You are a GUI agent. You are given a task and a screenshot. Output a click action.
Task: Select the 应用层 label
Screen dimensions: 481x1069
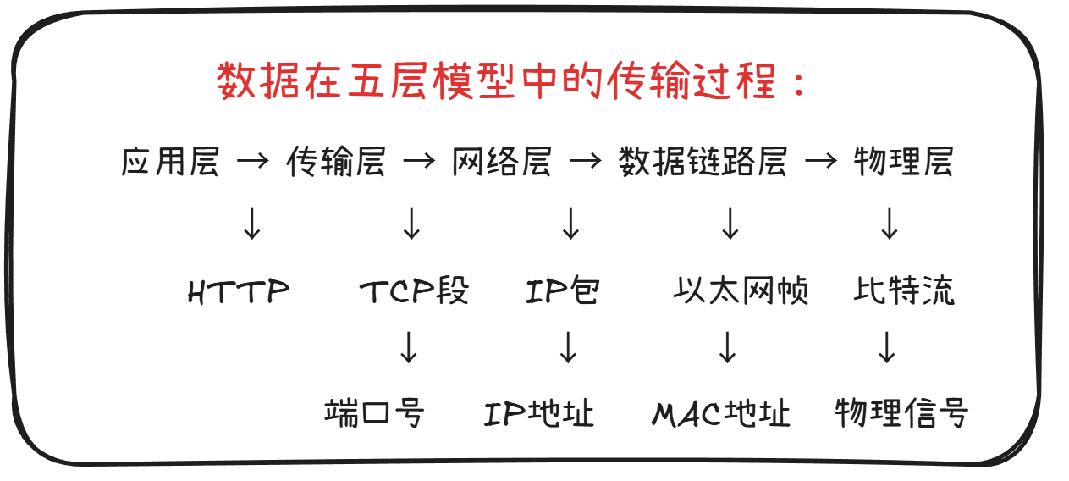point(170,161)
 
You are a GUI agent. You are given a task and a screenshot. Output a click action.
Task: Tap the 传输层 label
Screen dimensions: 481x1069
point(336,161)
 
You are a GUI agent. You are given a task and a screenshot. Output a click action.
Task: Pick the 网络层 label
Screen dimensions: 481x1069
point(501,161)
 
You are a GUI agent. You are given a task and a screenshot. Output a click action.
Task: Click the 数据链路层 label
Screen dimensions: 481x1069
point(703,161)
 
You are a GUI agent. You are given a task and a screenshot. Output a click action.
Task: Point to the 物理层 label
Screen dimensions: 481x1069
point(903,161)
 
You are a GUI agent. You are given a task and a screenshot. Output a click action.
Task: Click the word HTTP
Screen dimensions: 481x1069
point(239,292)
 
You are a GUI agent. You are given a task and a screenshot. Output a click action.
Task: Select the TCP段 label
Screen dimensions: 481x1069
point(414,292)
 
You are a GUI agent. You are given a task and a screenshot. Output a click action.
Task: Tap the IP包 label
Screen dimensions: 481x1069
point(563,292)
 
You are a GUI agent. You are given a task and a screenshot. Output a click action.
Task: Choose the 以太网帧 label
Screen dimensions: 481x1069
point(741,292)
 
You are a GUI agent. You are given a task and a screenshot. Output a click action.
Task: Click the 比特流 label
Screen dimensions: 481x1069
point(904,292)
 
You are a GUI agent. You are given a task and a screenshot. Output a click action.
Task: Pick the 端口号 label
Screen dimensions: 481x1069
point(373,413)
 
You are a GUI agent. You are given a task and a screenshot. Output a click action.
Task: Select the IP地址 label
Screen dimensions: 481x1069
point(539,413)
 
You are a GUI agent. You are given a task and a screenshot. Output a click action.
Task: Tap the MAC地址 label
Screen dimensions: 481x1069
point(721,413)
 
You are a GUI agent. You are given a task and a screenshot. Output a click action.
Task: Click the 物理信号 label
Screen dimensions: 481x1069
point(901,413)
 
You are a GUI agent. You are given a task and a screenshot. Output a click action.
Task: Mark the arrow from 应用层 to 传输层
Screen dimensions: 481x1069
point(252,161)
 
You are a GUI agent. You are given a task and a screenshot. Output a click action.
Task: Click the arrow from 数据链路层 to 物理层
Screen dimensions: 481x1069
point(820,161)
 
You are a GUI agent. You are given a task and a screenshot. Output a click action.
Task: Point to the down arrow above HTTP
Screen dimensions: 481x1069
point(252,224)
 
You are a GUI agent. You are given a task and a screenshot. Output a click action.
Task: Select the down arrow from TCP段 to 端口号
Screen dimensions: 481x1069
point(409,348)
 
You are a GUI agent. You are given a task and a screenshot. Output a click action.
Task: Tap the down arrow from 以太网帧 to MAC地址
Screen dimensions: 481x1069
point(727,348)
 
